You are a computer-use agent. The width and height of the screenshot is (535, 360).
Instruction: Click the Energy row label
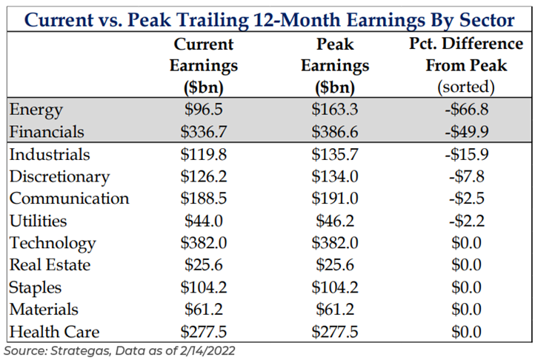[x=36, y=110]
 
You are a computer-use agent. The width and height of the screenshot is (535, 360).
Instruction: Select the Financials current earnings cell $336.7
[x=204, y=133]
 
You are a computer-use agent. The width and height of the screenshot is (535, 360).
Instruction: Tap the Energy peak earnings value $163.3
[x=334, y=110]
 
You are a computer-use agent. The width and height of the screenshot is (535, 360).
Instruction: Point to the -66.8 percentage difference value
[x=466, y=110]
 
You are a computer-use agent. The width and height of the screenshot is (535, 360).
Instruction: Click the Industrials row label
[x=50, y=155]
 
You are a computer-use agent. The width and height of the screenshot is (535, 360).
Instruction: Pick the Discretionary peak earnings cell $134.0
[x=334, y=177]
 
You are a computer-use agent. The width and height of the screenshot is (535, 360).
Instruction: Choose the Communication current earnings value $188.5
[x=204, y=199]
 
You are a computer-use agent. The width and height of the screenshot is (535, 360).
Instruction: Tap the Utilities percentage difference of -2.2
[x=466, y=221]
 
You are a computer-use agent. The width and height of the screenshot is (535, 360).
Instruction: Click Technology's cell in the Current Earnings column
[x=204, y=243]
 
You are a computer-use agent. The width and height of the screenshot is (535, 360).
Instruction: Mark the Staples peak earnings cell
[x=334, y=287]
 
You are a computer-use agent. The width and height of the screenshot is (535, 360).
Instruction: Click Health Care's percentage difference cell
[x=466, y=332]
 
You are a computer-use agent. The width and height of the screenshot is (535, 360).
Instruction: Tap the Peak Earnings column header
[x=334, y=65]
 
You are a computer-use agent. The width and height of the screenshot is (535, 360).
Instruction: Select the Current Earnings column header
[x=204, y=65]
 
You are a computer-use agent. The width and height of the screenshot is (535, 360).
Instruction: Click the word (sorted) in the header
[x=466, y=86]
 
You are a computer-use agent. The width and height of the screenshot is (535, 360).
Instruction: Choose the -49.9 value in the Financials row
[x=466, y=133]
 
